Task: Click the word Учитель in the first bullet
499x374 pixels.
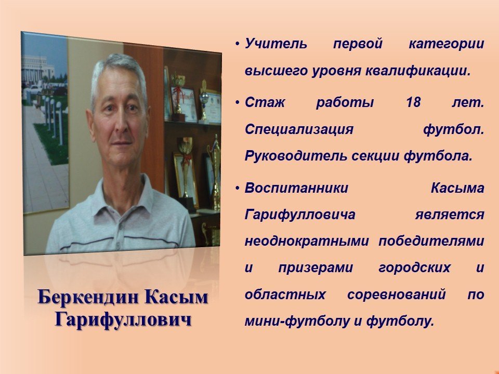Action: pos(276,44)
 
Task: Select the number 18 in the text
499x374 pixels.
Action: pos(413,102)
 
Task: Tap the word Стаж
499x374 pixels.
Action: pos(265,102)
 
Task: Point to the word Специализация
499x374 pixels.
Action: pos(299,129)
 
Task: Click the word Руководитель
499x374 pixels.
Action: pos(296,156)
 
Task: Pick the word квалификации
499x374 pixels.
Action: pos(417,71)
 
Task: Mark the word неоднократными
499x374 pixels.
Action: pos(307,241)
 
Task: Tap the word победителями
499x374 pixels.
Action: pos(431,241)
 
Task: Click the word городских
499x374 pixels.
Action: pos(415,268)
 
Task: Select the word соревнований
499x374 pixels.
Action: pos(397,295)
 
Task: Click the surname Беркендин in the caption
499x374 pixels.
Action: pos(89,297)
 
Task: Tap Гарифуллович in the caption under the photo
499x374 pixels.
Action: pos(123,319)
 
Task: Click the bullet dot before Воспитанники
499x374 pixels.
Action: pos(238,188)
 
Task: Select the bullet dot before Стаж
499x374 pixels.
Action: pos(238,102)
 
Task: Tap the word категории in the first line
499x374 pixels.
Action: pos(446,44)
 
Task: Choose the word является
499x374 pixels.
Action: pos(450,215)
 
